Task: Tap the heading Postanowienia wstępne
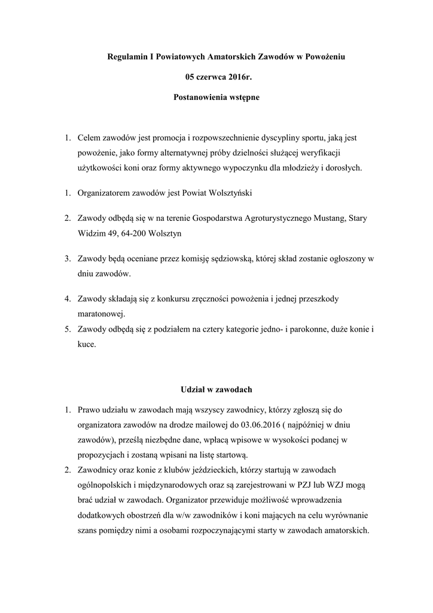(x=216, y=96)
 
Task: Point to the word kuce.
(x=86, y=345)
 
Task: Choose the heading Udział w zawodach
(x=216, y=390)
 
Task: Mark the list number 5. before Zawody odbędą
(x=68, y=329)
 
